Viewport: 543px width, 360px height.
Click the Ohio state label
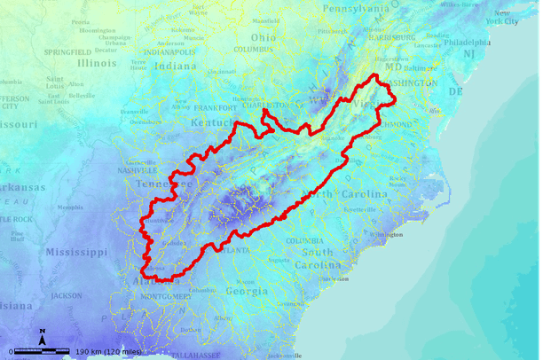coord(262,37)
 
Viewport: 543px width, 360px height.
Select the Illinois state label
coord(96,63)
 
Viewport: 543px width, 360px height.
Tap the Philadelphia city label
coord(467,42)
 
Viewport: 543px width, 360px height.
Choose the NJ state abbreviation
coord(468,55)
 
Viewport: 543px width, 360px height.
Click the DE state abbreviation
coord(456,91)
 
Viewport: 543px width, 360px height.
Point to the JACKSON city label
coord(66,295)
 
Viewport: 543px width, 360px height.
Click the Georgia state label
coord(248,291)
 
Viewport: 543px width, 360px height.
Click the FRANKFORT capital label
coord(215,108)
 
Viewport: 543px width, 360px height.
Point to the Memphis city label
coord(69,207)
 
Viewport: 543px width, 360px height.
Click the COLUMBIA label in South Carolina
coord(304,240)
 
